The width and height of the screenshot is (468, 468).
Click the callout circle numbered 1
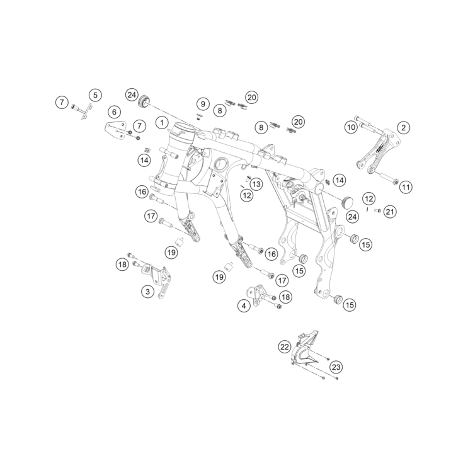click(162, 123)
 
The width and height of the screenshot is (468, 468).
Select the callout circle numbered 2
click(404, 128)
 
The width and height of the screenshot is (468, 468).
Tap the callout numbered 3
click(148, 291)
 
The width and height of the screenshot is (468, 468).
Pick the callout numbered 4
click(244, 306)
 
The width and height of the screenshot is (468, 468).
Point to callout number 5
click(95, 95)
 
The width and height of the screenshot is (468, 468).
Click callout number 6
click(114, 112)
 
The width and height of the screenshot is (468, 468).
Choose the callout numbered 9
click(203, 104)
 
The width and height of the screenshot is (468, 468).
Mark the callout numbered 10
click(351, 127)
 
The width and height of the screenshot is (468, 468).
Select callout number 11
click(406, 187)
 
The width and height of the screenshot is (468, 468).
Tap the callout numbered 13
click(256, 184)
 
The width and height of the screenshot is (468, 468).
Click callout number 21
click(390, 212)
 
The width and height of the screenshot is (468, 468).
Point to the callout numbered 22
click(285, 347)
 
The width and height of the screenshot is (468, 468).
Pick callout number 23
click(336, 367)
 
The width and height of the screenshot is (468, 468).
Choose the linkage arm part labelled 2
click(379, 153)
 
